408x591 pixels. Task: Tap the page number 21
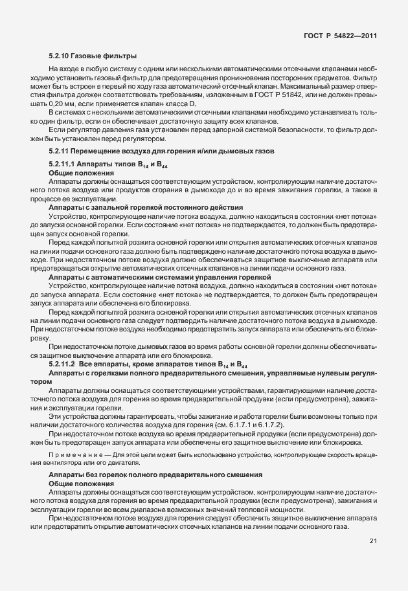[373, 541]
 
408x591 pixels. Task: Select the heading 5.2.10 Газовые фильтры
[92, 56]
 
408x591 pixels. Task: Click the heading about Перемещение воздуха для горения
[163, 151]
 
